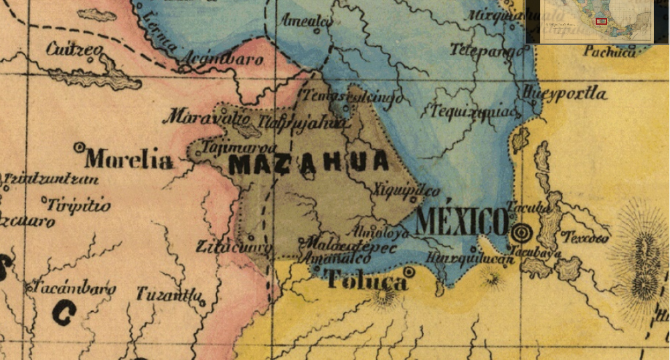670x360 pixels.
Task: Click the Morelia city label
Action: [129, 160]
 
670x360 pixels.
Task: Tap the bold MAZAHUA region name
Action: [309, 162]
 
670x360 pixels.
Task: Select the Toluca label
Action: [366, 280]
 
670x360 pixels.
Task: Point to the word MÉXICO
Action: [462, 221]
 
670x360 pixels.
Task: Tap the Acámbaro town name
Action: [222, 60]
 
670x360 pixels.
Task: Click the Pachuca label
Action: [609, 52]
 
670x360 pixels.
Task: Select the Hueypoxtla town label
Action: [566, 93]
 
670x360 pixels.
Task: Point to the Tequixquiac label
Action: [475, 111]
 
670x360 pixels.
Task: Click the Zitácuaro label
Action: [234, 248]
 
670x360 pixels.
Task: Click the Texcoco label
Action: [586, 238]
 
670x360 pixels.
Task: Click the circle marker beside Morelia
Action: [79, 146]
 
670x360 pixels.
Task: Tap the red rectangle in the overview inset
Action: [601, 21]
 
